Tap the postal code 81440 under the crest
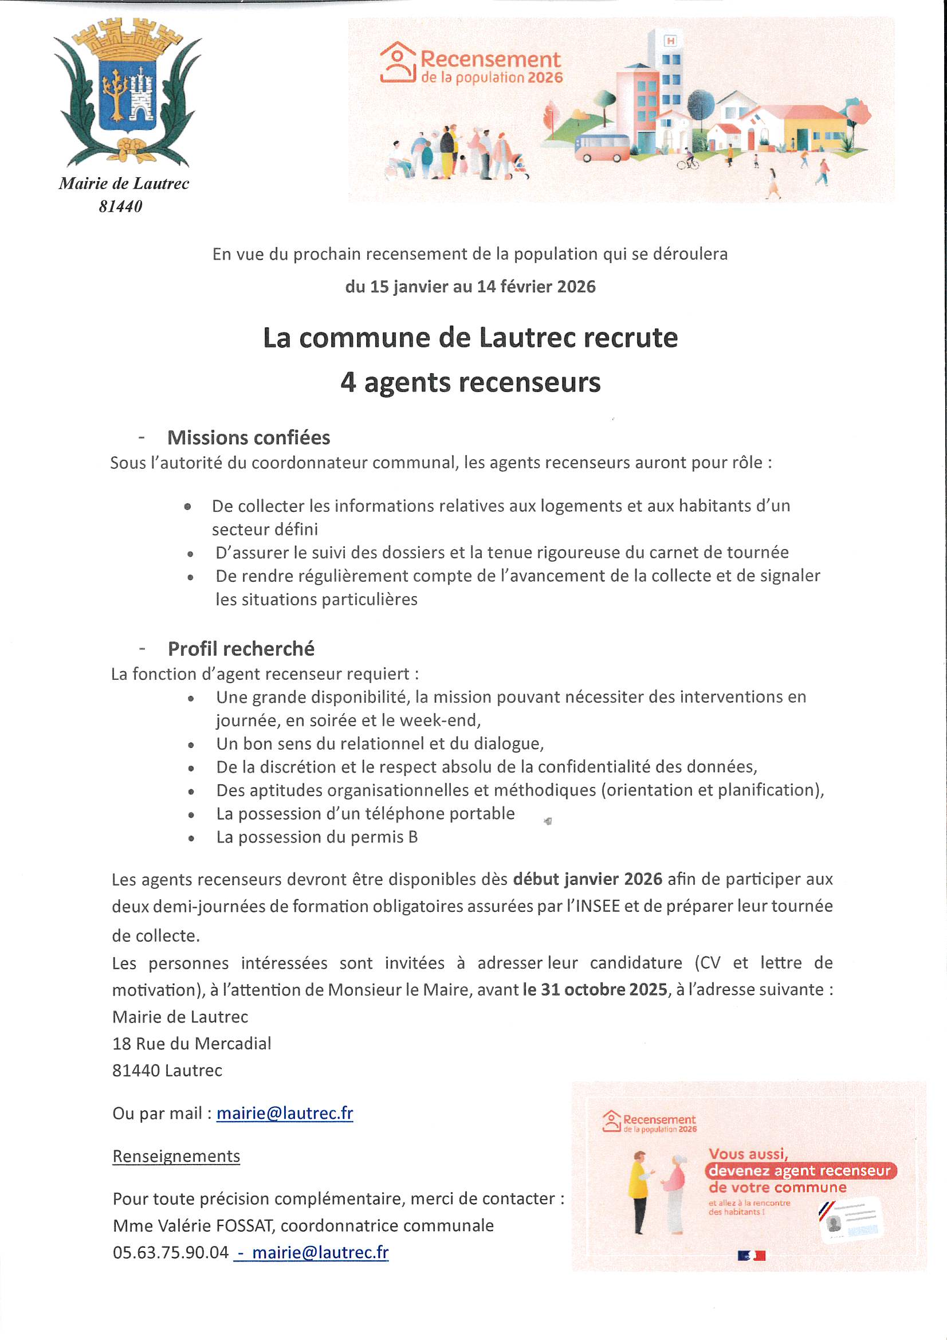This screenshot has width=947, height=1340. tap(121, 206)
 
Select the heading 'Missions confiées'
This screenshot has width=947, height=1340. tap(249, 438)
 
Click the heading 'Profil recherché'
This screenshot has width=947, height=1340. tap(241, 648)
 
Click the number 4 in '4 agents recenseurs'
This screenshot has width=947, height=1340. tap(348, 383)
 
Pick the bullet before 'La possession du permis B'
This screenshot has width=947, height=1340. tap(191, 838)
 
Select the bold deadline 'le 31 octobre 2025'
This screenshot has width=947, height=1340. tap(595, 990)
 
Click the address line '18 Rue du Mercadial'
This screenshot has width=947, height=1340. tap(192, 1044)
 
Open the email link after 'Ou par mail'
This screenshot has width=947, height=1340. tap(285, 1114)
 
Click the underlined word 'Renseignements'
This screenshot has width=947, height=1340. tap(176, 1156)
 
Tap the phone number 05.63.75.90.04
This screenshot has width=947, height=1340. tap(171, 1252)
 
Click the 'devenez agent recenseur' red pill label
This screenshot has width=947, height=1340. tap(800, 1171)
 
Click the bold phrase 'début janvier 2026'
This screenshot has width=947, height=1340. tap(588, 879)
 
